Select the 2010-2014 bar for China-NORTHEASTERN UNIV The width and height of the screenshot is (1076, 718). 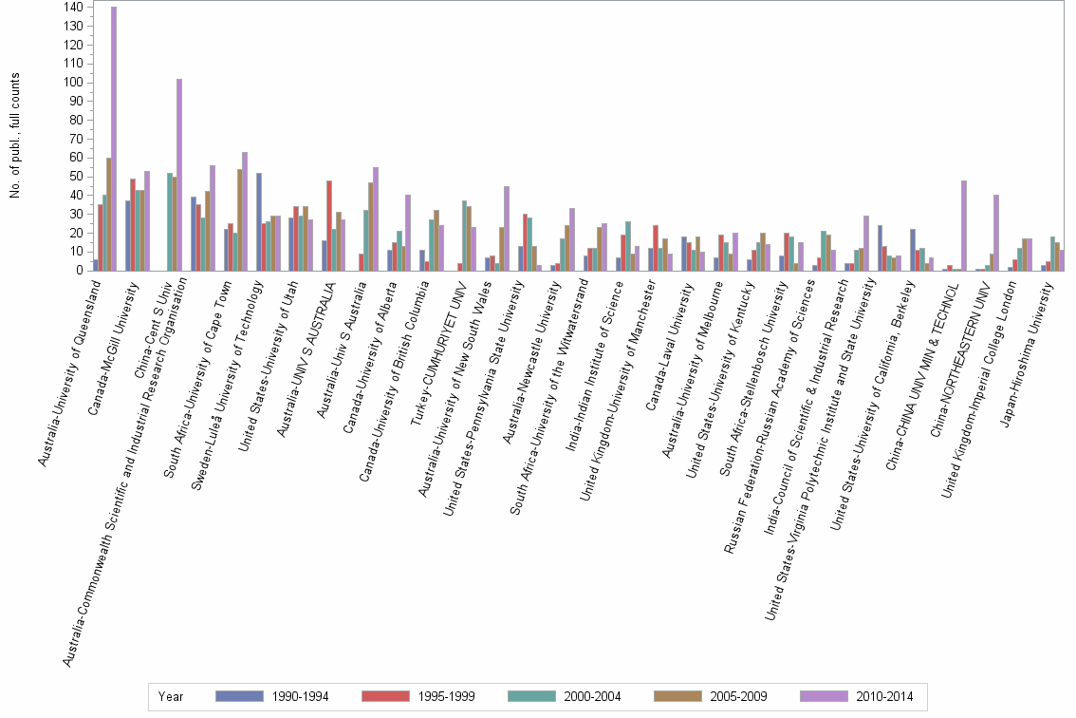click(x=996, y=233)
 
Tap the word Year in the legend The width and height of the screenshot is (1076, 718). click(x=172, y=697)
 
